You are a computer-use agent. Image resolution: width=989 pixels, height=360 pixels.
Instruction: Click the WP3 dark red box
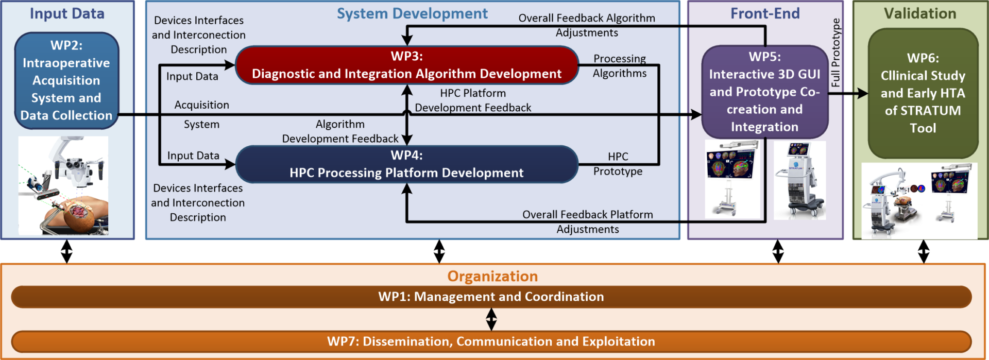point(406,65)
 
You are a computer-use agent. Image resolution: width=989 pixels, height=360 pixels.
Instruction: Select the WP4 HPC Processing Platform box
point(406,164)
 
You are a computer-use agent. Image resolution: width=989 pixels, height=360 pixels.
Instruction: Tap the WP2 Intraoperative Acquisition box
point(66,80)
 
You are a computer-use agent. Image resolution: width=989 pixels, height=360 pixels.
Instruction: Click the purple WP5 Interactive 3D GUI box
point(764,92)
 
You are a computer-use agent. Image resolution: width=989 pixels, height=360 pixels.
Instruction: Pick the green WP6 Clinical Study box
point(923,93)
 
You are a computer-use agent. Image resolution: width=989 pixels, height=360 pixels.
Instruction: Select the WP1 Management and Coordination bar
point(491,297)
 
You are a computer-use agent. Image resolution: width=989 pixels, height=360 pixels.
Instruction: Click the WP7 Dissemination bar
point(491,341)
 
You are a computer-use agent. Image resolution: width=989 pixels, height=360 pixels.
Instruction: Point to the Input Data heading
point(67,13)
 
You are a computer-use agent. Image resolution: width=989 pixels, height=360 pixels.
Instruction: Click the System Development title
point(412,13)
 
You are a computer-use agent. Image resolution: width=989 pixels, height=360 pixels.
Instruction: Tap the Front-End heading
point(765,13)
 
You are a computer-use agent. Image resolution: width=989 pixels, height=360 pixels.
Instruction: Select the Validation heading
point(920,13)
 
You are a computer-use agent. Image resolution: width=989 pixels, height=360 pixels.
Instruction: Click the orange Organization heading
point(492,277)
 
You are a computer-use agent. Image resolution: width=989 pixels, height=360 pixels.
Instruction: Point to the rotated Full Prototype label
point(835,53)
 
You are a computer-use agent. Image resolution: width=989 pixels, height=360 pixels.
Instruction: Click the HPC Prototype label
point(618,164)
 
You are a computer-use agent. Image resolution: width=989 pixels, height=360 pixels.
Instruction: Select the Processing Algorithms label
point(619,66)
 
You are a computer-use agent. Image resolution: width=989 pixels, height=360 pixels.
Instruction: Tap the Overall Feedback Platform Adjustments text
point(587,221)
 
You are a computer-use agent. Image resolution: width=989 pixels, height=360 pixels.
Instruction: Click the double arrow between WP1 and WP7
point(491,319)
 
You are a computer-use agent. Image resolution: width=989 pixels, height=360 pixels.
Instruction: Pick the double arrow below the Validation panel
point(924,251)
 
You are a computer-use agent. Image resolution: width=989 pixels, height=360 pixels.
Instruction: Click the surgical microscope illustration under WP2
point(63,185)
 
